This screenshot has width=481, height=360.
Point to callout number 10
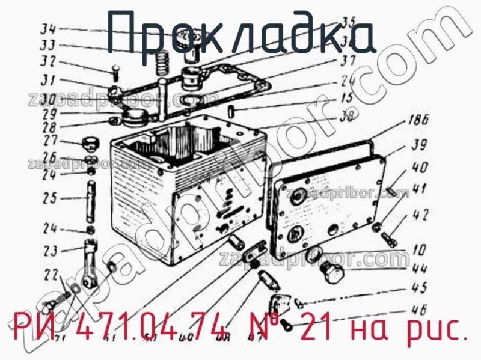pos(419,248)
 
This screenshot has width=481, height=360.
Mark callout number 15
pos(346,97)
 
